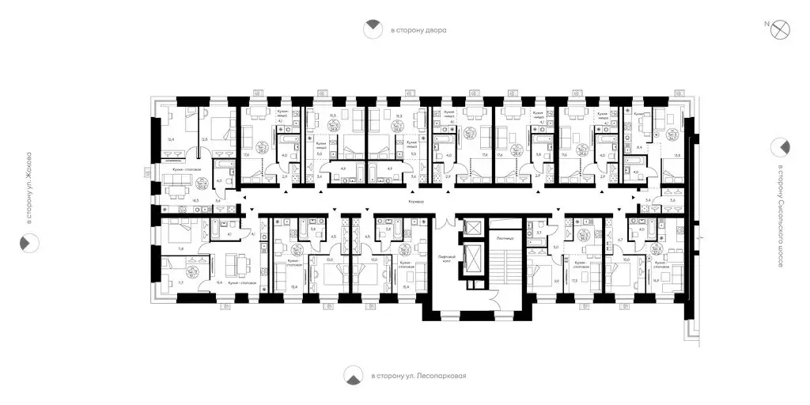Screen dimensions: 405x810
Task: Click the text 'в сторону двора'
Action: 418,31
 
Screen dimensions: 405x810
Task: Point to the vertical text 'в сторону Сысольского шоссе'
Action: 781,215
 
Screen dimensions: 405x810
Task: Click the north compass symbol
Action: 781,28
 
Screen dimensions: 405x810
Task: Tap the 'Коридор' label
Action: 417,203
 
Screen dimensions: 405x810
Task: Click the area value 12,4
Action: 170,140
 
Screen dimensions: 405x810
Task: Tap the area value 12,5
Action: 206,140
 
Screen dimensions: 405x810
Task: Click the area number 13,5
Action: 676,155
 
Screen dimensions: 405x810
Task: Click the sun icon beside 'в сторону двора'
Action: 370,30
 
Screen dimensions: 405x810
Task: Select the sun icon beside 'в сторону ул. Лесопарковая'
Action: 353,377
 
